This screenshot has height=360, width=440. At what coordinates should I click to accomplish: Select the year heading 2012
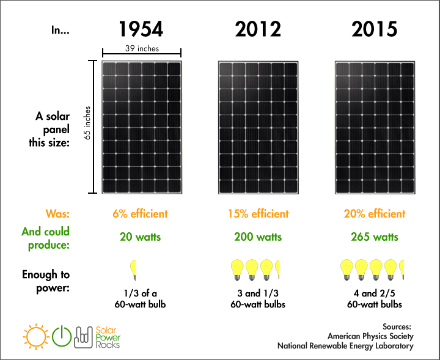click(258, 29)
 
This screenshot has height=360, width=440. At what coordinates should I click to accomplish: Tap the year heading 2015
click(375, 29)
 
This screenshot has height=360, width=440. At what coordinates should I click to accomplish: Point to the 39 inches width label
click(141, 48)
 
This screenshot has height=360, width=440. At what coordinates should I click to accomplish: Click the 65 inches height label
click(88, 127)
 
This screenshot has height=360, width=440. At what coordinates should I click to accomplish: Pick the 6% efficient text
click(140, 214)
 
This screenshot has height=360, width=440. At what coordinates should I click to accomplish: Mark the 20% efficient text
click(375, 214)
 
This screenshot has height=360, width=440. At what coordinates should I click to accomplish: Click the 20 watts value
click(140, 237)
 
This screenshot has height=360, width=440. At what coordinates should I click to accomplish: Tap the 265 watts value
click(375, 237)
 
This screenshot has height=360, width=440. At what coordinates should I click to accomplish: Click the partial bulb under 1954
click(133, 270)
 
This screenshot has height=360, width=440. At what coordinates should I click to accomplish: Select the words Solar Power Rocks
click(108, 336)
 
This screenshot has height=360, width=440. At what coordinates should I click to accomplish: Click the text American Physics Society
click(370, 336)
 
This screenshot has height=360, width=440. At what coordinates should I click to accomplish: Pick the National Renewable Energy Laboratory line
click(345, 346)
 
